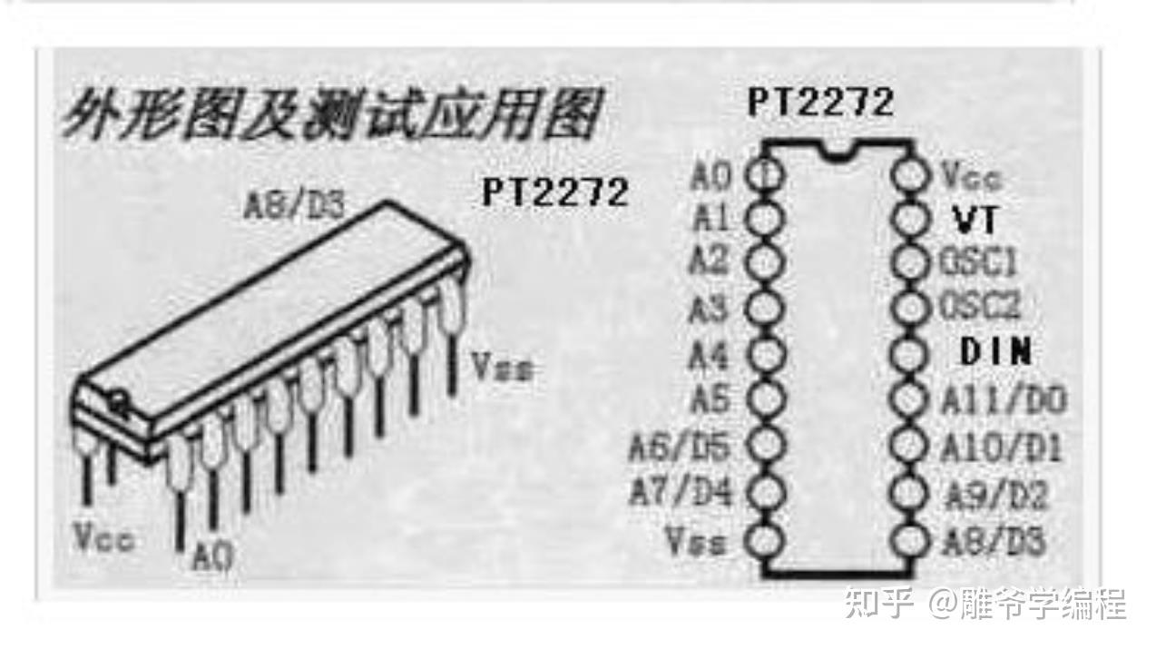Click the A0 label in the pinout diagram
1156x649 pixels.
pyautogui.click(x=710, y=175)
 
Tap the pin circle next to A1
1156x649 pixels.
pyautogui.click(x=764, y=219)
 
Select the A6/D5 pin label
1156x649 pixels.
pyautogui.click(x=681, y=446)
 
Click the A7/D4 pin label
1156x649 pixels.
pyautogui.click(x=681, y=493)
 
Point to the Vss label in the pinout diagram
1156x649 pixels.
pyautogui.click(x=696, y=541)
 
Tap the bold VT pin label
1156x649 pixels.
pyautogui.click(x=974, y=219)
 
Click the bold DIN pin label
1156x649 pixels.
pyautogui.click(x=995, y=352)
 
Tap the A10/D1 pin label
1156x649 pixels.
pyautogui.click(x=1002, y=447)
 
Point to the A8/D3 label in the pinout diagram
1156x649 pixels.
pyautogui.click(x=994, y=542)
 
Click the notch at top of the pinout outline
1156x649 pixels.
pyautogui.click(x=837, y=151)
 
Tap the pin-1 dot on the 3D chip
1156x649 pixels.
pyautogui.click(x=117, y=397)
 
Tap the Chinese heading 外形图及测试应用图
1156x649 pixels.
pyautogui.click(x=331, y=116)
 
